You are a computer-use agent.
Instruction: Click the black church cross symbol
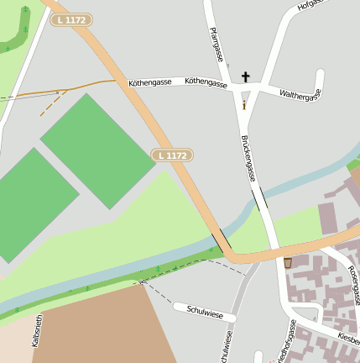pos(246,76)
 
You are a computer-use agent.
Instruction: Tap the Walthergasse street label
pos(300,95)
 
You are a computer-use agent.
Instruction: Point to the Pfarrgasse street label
pos(217,44)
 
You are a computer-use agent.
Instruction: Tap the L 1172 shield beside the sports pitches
pos(173,155)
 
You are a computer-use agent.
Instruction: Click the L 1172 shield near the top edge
pos(72,19)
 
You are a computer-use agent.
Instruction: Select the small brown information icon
pos(244,105)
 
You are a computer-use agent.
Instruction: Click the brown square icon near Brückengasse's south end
pos(288,263)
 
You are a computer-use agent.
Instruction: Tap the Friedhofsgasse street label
pos(285,345)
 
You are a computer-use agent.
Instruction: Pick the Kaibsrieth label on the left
pos(36,342)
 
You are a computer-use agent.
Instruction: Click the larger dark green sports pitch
pos(97,150)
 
